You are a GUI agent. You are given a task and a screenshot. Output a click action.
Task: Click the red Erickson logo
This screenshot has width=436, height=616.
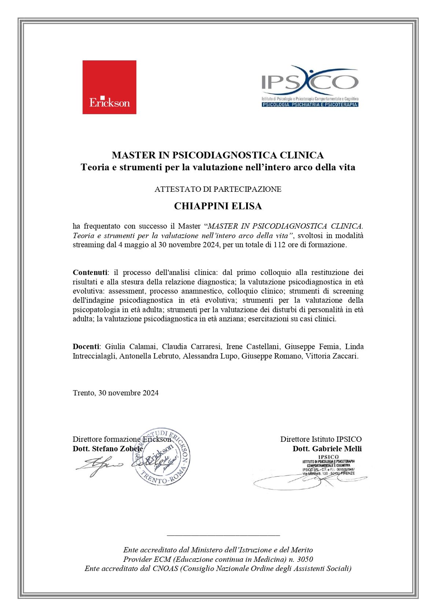coord(109,87)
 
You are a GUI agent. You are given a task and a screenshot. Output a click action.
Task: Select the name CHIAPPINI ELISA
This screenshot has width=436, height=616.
coord(218,206)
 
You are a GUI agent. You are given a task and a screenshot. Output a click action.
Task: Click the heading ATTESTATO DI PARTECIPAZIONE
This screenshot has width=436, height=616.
coord(218,189)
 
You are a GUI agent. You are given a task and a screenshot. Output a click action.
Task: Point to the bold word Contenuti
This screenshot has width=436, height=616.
coord(90,272)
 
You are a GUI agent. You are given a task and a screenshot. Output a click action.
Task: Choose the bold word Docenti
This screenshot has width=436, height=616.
coord(86,346)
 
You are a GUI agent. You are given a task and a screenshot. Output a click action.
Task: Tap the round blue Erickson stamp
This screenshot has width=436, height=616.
coord(162,456)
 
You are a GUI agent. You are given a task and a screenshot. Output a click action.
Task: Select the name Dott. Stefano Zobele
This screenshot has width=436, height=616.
coord(107,449)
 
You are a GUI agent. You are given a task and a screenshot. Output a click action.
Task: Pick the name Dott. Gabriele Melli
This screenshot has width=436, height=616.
coord(327,449)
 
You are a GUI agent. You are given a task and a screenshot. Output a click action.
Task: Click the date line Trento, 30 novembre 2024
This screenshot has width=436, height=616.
coord(115,393)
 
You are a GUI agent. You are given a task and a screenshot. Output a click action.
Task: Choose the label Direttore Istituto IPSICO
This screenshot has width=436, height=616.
coord(321,439)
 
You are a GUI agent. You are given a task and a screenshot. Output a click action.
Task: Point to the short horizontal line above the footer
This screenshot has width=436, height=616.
coord(223,535)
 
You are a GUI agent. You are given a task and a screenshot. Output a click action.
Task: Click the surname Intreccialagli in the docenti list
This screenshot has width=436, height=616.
coord(95,356)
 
